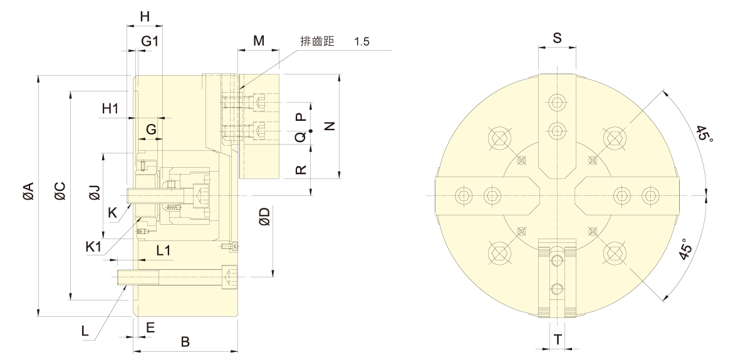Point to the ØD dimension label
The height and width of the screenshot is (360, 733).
pos(264,217)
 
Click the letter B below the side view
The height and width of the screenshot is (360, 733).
pos(185,342)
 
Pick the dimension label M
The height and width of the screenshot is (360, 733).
pos(258,41)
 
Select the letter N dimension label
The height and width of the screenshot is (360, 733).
pos(330,125)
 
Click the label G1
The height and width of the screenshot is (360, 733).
pos(150,41)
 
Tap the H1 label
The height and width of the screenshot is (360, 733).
pos(110,108)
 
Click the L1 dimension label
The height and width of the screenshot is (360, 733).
pos(164,250)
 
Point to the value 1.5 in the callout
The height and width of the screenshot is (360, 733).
pos(362,41)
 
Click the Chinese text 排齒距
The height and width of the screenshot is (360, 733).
pos(319,41)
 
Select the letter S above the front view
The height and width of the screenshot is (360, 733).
pos(557,38)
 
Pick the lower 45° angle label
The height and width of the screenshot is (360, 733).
pos(685,249)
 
